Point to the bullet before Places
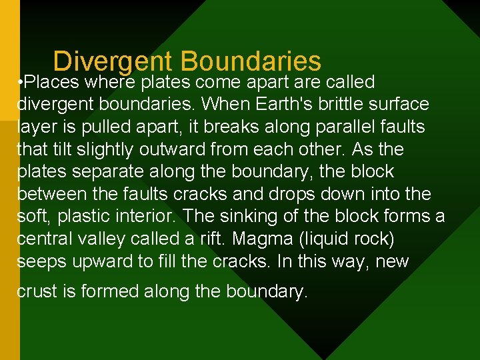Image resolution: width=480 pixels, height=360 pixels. [21, 83]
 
